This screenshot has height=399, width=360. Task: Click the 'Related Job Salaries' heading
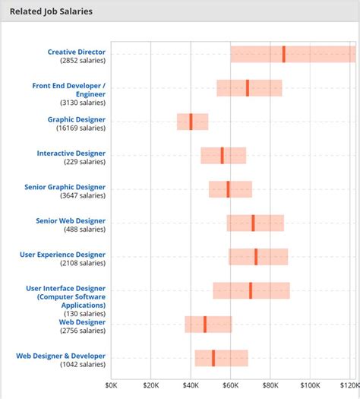51,11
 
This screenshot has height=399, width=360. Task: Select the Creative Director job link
77,52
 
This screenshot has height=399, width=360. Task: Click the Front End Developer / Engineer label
68,90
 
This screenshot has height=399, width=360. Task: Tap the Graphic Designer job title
77,119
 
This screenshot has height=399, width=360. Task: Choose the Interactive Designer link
71,153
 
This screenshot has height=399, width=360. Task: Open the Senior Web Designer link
71,220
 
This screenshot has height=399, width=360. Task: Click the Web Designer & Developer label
61,356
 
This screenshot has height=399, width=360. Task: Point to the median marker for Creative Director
283,54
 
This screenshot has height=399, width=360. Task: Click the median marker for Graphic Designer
191,122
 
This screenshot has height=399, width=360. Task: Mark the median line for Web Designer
204,325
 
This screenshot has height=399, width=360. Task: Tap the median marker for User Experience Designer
256,257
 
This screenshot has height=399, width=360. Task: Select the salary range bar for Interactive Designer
223,156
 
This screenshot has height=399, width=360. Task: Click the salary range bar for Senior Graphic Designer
230,189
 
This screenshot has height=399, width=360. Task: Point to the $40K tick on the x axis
191,385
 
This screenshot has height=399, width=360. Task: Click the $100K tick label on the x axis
309,385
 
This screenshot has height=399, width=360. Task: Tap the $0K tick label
111,385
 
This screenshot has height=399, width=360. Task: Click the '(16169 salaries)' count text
80,128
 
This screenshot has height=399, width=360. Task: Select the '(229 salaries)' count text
84,162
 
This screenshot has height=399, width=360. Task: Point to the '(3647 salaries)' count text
81,196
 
